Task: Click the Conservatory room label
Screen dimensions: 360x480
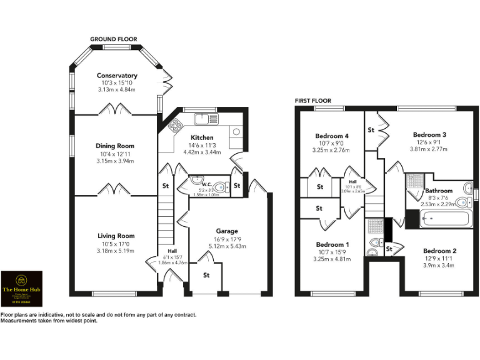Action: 117,76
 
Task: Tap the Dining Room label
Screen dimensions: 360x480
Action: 116,146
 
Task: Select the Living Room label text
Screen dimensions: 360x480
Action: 116,236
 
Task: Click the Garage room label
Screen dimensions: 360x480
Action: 227,231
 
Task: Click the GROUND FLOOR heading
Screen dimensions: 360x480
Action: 113,39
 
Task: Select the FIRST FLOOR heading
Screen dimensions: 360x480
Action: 313,101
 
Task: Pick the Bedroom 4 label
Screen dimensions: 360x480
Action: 332,136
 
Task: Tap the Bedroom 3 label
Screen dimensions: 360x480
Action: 429,134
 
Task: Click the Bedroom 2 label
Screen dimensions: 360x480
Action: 439,251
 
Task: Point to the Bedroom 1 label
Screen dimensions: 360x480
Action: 332,244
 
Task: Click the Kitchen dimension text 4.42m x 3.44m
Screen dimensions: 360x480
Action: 202,152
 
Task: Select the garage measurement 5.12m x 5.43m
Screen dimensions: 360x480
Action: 227,246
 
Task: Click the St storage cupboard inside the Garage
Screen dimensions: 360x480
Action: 206,275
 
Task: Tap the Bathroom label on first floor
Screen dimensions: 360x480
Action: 439,191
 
